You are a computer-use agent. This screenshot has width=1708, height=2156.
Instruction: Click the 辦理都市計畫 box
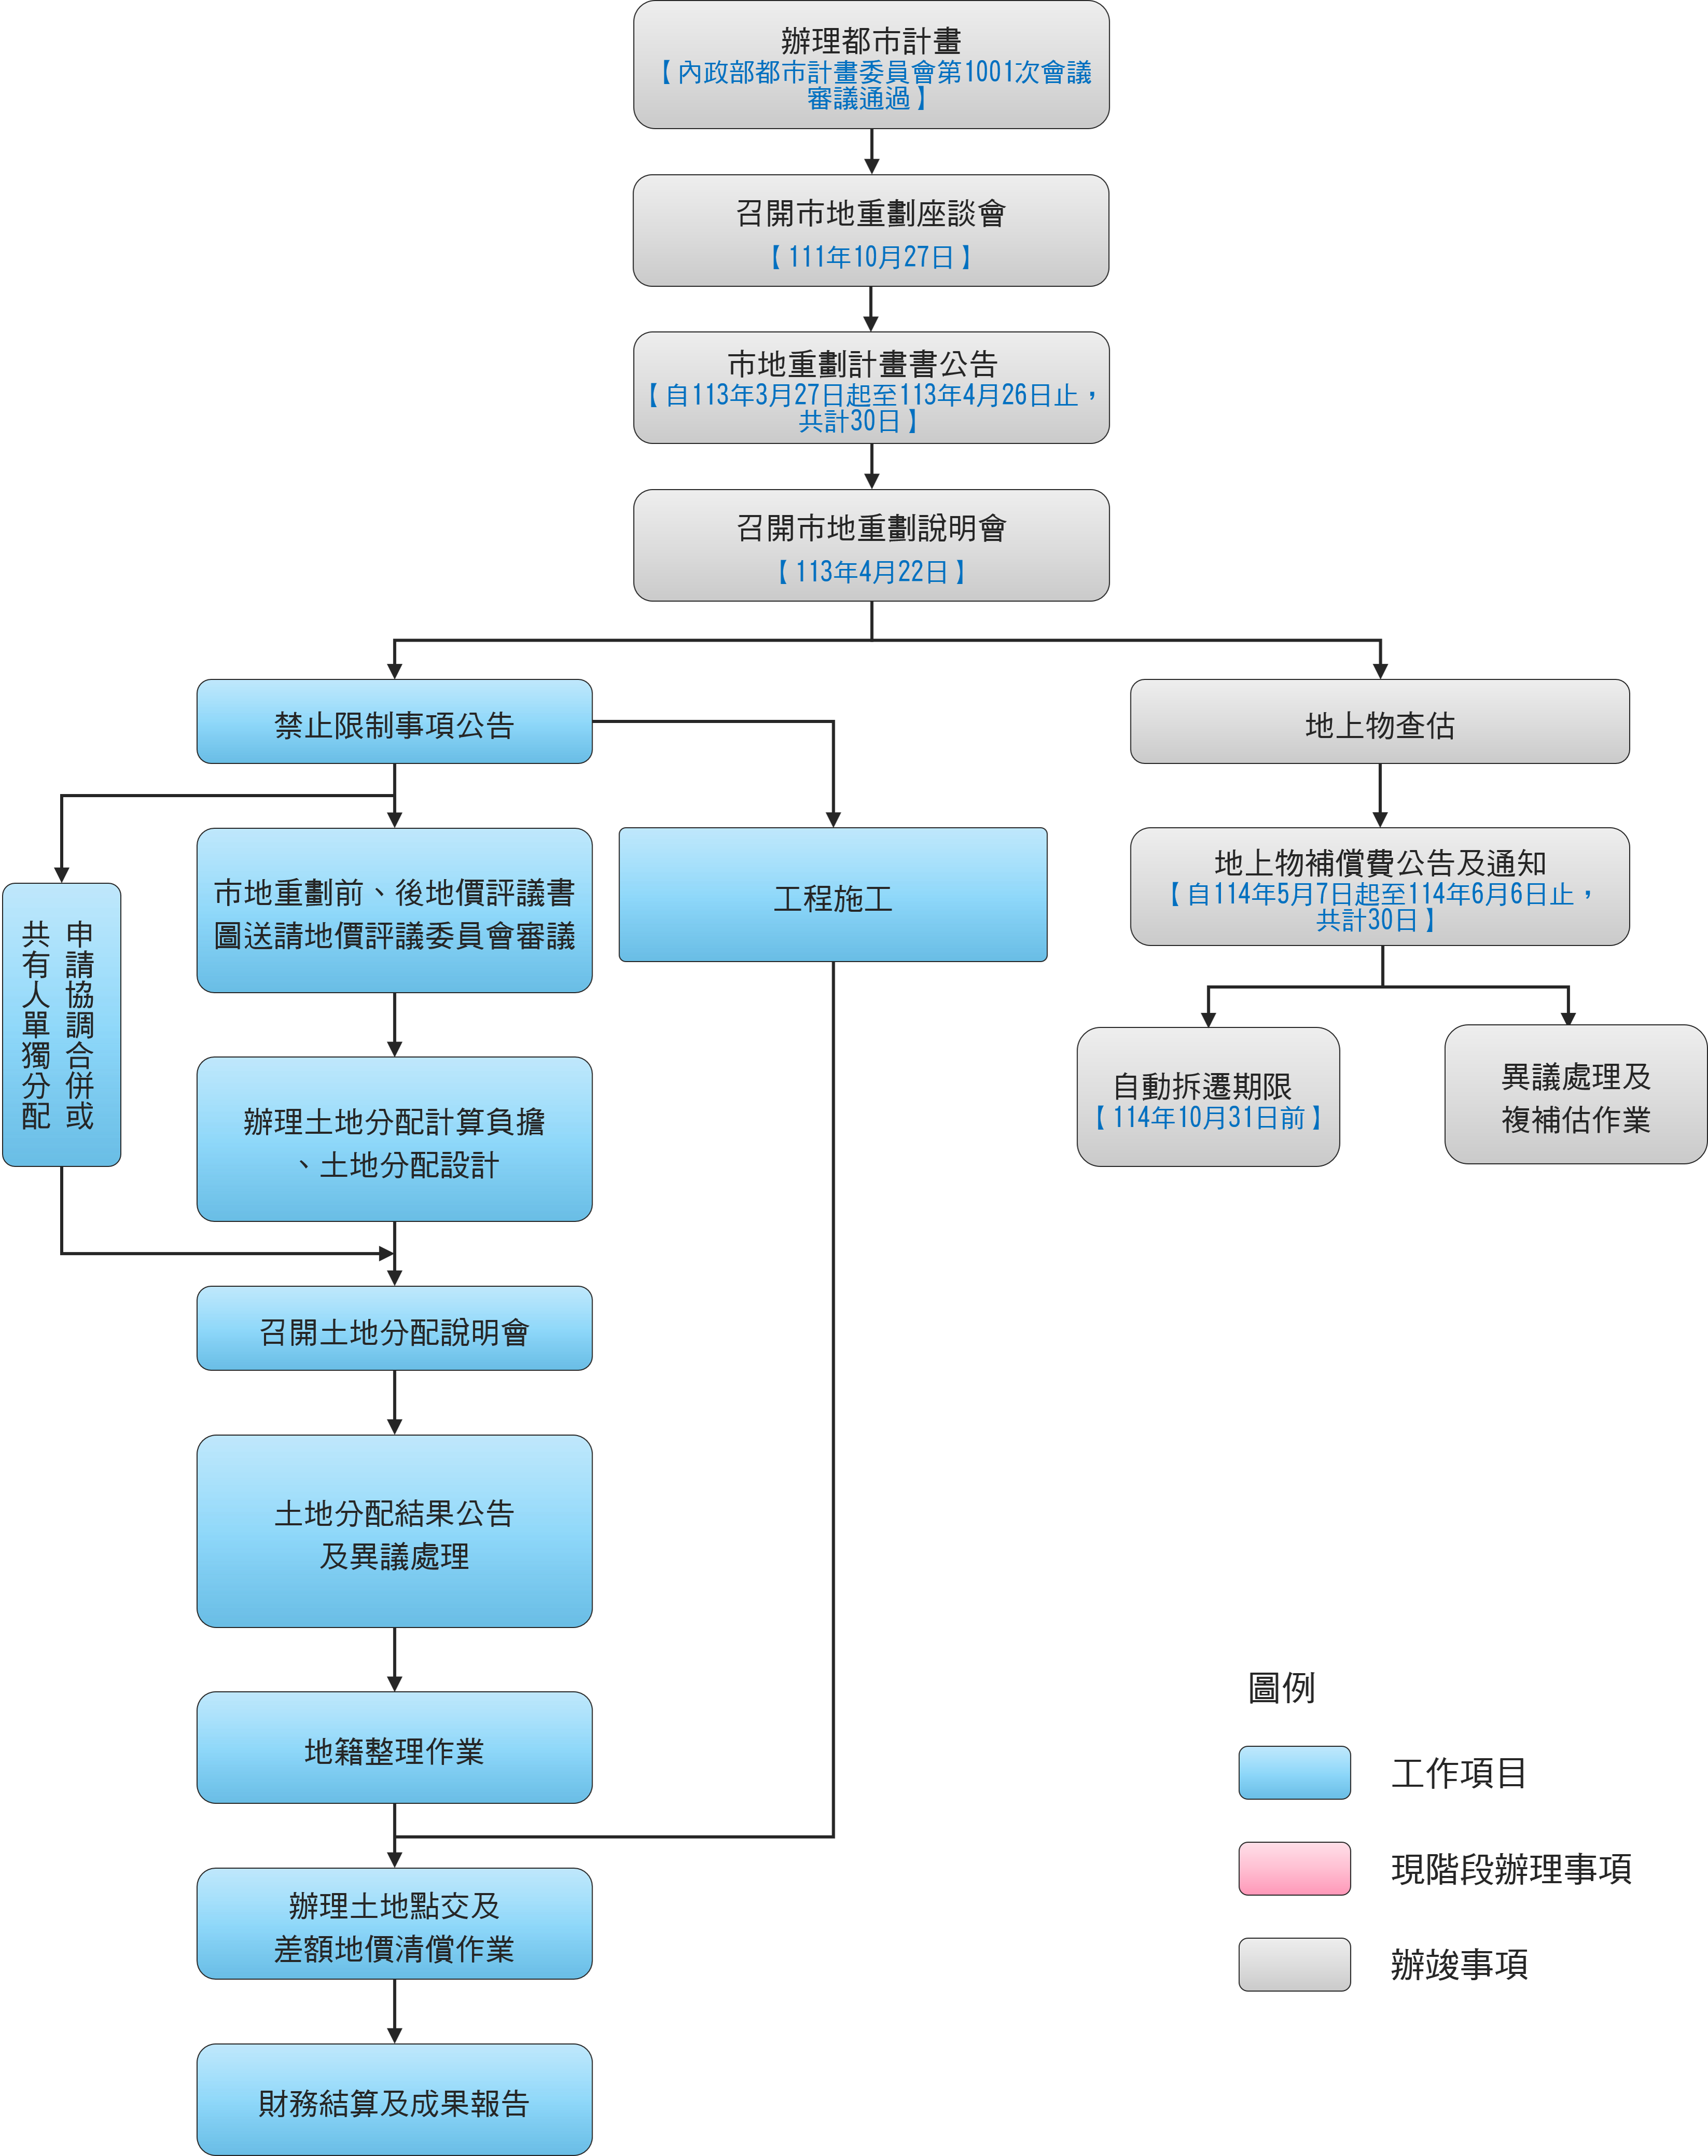(871, 65)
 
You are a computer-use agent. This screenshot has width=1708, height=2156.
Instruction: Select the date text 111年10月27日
(871, 257)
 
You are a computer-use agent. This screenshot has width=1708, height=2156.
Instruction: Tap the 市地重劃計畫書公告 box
(871, 388)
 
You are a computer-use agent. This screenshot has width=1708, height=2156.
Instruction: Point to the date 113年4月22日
(871, 572)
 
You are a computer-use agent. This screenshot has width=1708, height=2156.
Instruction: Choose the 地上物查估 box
(1380, 722)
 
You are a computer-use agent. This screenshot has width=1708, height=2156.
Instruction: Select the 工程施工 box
(833, 895)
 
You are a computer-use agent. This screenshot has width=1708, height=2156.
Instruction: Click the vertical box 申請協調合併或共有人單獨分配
(62, 1025)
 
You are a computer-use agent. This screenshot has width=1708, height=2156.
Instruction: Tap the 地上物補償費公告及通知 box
(1380, 887)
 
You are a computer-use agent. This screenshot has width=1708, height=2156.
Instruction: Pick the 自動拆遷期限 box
(1208, 1097)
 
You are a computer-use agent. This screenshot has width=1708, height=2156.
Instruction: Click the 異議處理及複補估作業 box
(1576, 1094)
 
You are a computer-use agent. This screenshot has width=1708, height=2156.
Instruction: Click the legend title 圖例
(1282, 1688)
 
